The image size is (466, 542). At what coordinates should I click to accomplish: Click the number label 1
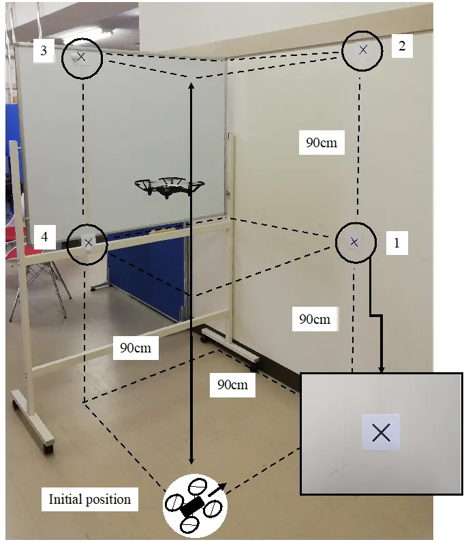click(x=397, y=242)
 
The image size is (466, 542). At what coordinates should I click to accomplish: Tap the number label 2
click(x=402, y=46)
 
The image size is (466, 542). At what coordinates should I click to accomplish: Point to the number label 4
click(x=44, y=237)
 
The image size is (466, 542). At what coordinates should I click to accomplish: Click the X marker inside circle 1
click(x=354, y=241)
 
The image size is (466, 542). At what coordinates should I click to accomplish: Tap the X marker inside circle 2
click(x=363, y=49)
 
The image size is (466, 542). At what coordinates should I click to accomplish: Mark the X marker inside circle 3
click(x=82, y=57)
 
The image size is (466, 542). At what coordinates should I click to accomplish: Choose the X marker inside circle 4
click(x=88, y=241)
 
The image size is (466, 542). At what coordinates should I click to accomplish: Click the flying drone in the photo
click(x=169, y=187)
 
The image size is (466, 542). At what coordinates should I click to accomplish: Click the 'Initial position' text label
click(x=89, y=499)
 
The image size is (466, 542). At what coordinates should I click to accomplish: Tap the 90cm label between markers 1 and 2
click(x=321, y=143)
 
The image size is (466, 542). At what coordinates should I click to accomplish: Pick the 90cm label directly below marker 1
click(x=315, y=319)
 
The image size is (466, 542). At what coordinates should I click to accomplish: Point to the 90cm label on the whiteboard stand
click(x=136, y=348)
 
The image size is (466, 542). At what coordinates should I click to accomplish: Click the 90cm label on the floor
click(x=232, y=385)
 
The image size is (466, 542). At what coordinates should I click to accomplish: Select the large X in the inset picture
click(x=381, y=432)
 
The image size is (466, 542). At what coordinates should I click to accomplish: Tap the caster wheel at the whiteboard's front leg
click(x=48, y=447)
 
